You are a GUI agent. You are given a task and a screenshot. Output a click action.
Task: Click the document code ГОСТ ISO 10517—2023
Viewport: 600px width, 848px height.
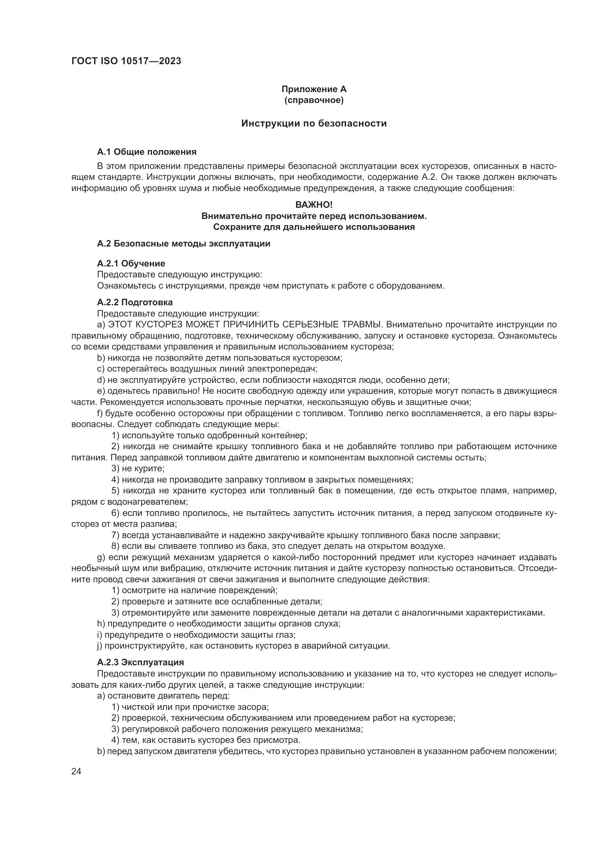[126, 61]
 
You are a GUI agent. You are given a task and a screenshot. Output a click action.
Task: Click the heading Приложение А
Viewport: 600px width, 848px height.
[314, 89]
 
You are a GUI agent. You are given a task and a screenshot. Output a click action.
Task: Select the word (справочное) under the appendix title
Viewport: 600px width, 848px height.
[314, 100]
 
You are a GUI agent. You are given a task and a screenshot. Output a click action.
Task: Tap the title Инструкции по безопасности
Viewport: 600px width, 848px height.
[314, 123]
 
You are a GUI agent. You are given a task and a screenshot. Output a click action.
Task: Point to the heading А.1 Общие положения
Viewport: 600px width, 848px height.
[147, 152]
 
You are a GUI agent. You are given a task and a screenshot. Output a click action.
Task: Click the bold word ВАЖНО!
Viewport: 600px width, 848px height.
[314, 204]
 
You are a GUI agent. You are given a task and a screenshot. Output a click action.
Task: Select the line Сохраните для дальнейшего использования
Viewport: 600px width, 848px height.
[314, 227]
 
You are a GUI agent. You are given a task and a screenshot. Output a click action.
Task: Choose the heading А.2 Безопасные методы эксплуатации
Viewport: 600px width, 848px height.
[184, 244]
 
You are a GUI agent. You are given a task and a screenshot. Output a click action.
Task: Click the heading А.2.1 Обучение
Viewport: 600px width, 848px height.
[131, 263]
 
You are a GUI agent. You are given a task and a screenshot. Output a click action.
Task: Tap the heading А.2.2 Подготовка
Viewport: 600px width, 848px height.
[135, 302]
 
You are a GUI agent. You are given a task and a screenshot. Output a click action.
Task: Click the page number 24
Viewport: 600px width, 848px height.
[76, 771]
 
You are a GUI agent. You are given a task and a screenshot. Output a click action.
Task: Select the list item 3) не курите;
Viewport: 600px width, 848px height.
[138, 468]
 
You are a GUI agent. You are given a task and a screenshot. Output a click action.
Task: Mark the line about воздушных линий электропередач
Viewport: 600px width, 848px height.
[207, 369]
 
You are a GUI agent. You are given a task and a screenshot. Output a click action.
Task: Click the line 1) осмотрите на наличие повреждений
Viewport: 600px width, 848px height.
[194, 590]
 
